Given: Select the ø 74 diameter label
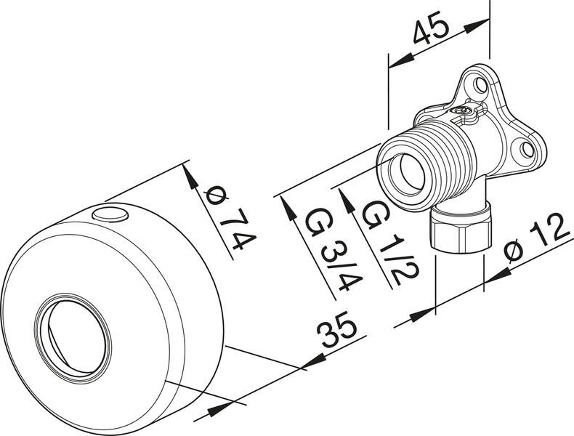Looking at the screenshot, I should (225, 219).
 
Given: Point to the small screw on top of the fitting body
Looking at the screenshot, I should (462, 110).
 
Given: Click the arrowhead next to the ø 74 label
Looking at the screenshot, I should (191, 177).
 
